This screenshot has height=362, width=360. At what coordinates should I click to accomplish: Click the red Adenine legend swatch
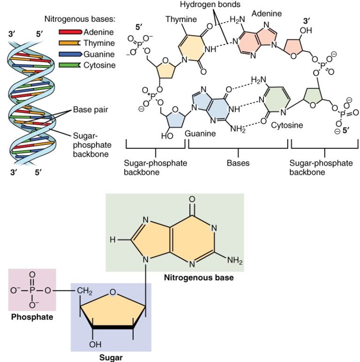[70, 32]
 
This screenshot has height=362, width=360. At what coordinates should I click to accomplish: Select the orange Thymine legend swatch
[70, 43]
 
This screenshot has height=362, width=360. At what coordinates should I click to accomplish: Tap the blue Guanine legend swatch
[70, 54]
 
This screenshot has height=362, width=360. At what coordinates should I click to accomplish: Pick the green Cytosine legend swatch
[70, 65]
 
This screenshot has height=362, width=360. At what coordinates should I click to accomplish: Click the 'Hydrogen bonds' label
[216, 5]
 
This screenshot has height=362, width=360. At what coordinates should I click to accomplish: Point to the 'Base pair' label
[90, 111]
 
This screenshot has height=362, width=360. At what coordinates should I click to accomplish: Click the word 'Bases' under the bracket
[238, 163]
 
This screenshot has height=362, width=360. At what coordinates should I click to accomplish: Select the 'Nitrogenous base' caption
[199, 278]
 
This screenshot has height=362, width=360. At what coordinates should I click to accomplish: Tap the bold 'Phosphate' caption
[31, 317]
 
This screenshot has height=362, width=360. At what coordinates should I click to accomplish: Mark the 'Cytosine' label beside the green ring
[288, 126]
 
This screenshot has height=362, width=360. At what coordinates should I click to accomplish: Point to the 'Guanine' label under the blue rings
[200, 133]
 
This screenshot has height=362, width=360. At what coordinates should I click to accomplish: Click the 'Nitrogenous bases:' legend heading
[80, 20]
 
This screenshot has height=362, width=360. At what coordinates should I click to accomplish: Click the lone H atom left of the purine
[112, 240]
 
